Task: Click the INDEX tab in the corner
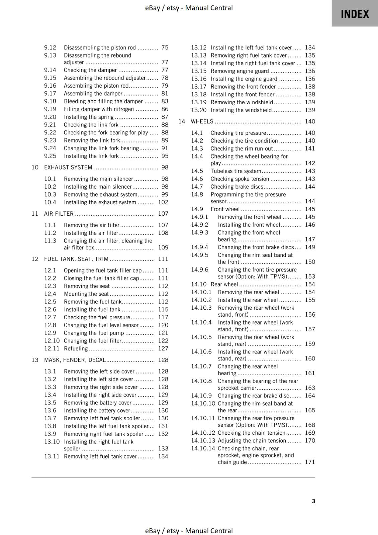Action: [355, 14]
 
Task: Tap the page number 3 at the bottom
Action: [313, 501]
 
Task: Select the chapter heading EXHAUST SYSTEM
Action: [68, 167]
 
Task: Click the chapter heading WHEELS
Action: [202, 121]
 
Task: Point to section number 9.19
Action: [50, 109]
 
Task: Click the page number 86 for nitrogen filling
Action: [165, 109]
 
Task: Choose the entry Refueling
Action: [76, 348]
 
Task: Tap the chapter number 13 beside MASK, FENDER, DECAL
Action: [35, 360]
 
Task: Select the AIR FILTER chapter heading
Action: [59, 213]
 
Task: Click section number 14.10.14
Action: [203, 448]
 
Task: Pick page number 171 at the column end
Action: [310, 462]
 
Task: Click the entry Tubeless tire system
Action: [236, 171]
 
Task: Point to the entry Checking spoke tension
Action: [240, 179]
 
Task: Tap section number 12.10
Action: [52, 341]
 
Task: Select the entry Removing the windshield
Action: [242, 102]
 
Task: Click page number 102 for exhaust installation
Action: [163, 202]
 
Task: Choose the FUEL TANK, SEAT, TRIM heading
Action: [76, 259]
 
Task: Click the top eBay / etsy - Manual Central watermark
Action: [189, 8]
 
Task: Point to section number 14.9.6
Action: [199, 270]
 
